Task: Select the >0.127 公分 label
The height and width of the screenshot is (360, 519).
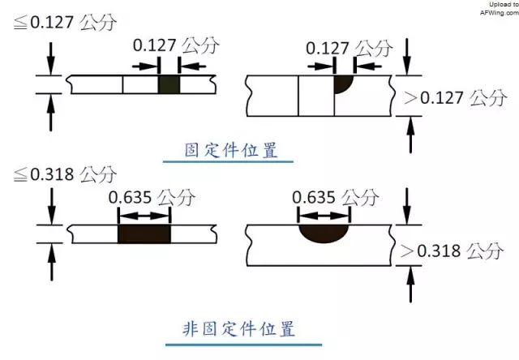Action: [x=456, y=98]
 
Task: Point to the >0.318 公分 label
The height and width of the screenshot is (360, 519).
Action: [x=456, y=251]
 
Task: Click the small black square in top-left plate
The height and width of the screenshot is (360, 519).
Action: [x=168, y=84]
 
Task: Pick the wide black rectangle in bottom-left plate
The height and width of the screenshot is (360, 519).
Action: [x=144, y=234]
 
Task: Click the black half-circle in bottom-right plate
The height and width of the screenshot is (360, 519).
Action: [x=324, y=233]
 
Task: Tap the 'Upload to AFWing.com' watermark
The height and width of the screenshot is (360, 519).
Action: [x=495, y=9]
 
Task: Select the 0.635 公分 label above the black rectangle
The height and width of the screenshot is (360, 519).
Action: [x=151, y=196]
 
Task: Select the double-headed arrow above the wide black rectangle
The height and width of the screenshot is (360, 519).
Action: [x=144, y=216]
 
